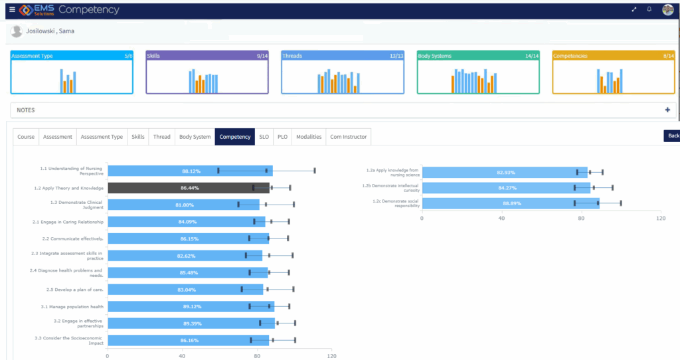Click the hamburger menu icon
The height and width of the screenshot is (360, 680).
11,9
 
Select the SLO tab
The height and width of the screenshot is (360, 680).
264,137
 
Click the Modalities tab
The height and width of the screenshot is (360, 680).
309,137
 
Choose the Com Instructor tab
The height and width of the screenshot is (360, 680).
348,137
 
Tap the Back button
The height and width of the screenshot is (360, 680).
673,135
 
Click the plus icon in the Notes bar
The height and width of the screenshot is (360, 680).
667,110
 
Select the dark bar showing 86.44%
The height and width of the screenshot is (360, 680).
189,188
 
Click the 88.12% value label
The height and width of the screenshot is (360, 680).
191,171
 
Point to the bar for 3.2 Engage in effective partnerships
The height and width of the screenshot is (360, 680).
191,323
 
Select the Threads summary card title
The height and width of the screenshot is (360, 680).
293,56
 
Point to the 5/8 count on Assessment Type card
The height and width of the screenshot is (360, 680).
127,56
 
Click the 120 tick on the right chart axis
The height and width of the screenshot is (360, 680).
659,218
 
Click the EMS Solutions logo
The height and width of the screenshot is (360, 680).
37,9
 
